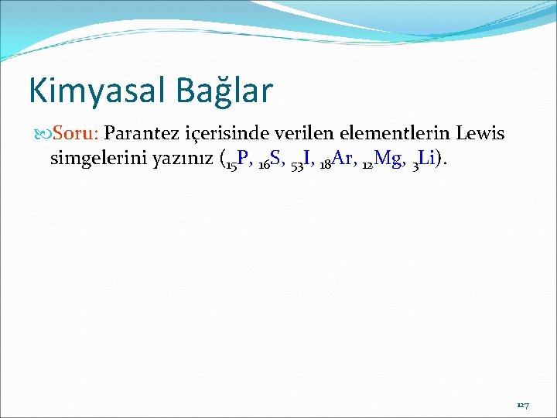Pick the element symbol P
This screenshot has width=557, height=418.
(243, 159)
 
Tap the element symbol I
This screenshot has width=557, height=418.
(308, 159)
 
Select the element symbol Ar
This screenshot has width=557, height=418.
(342, 159)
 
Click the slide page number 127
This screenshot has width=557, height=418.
(523, 405)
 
